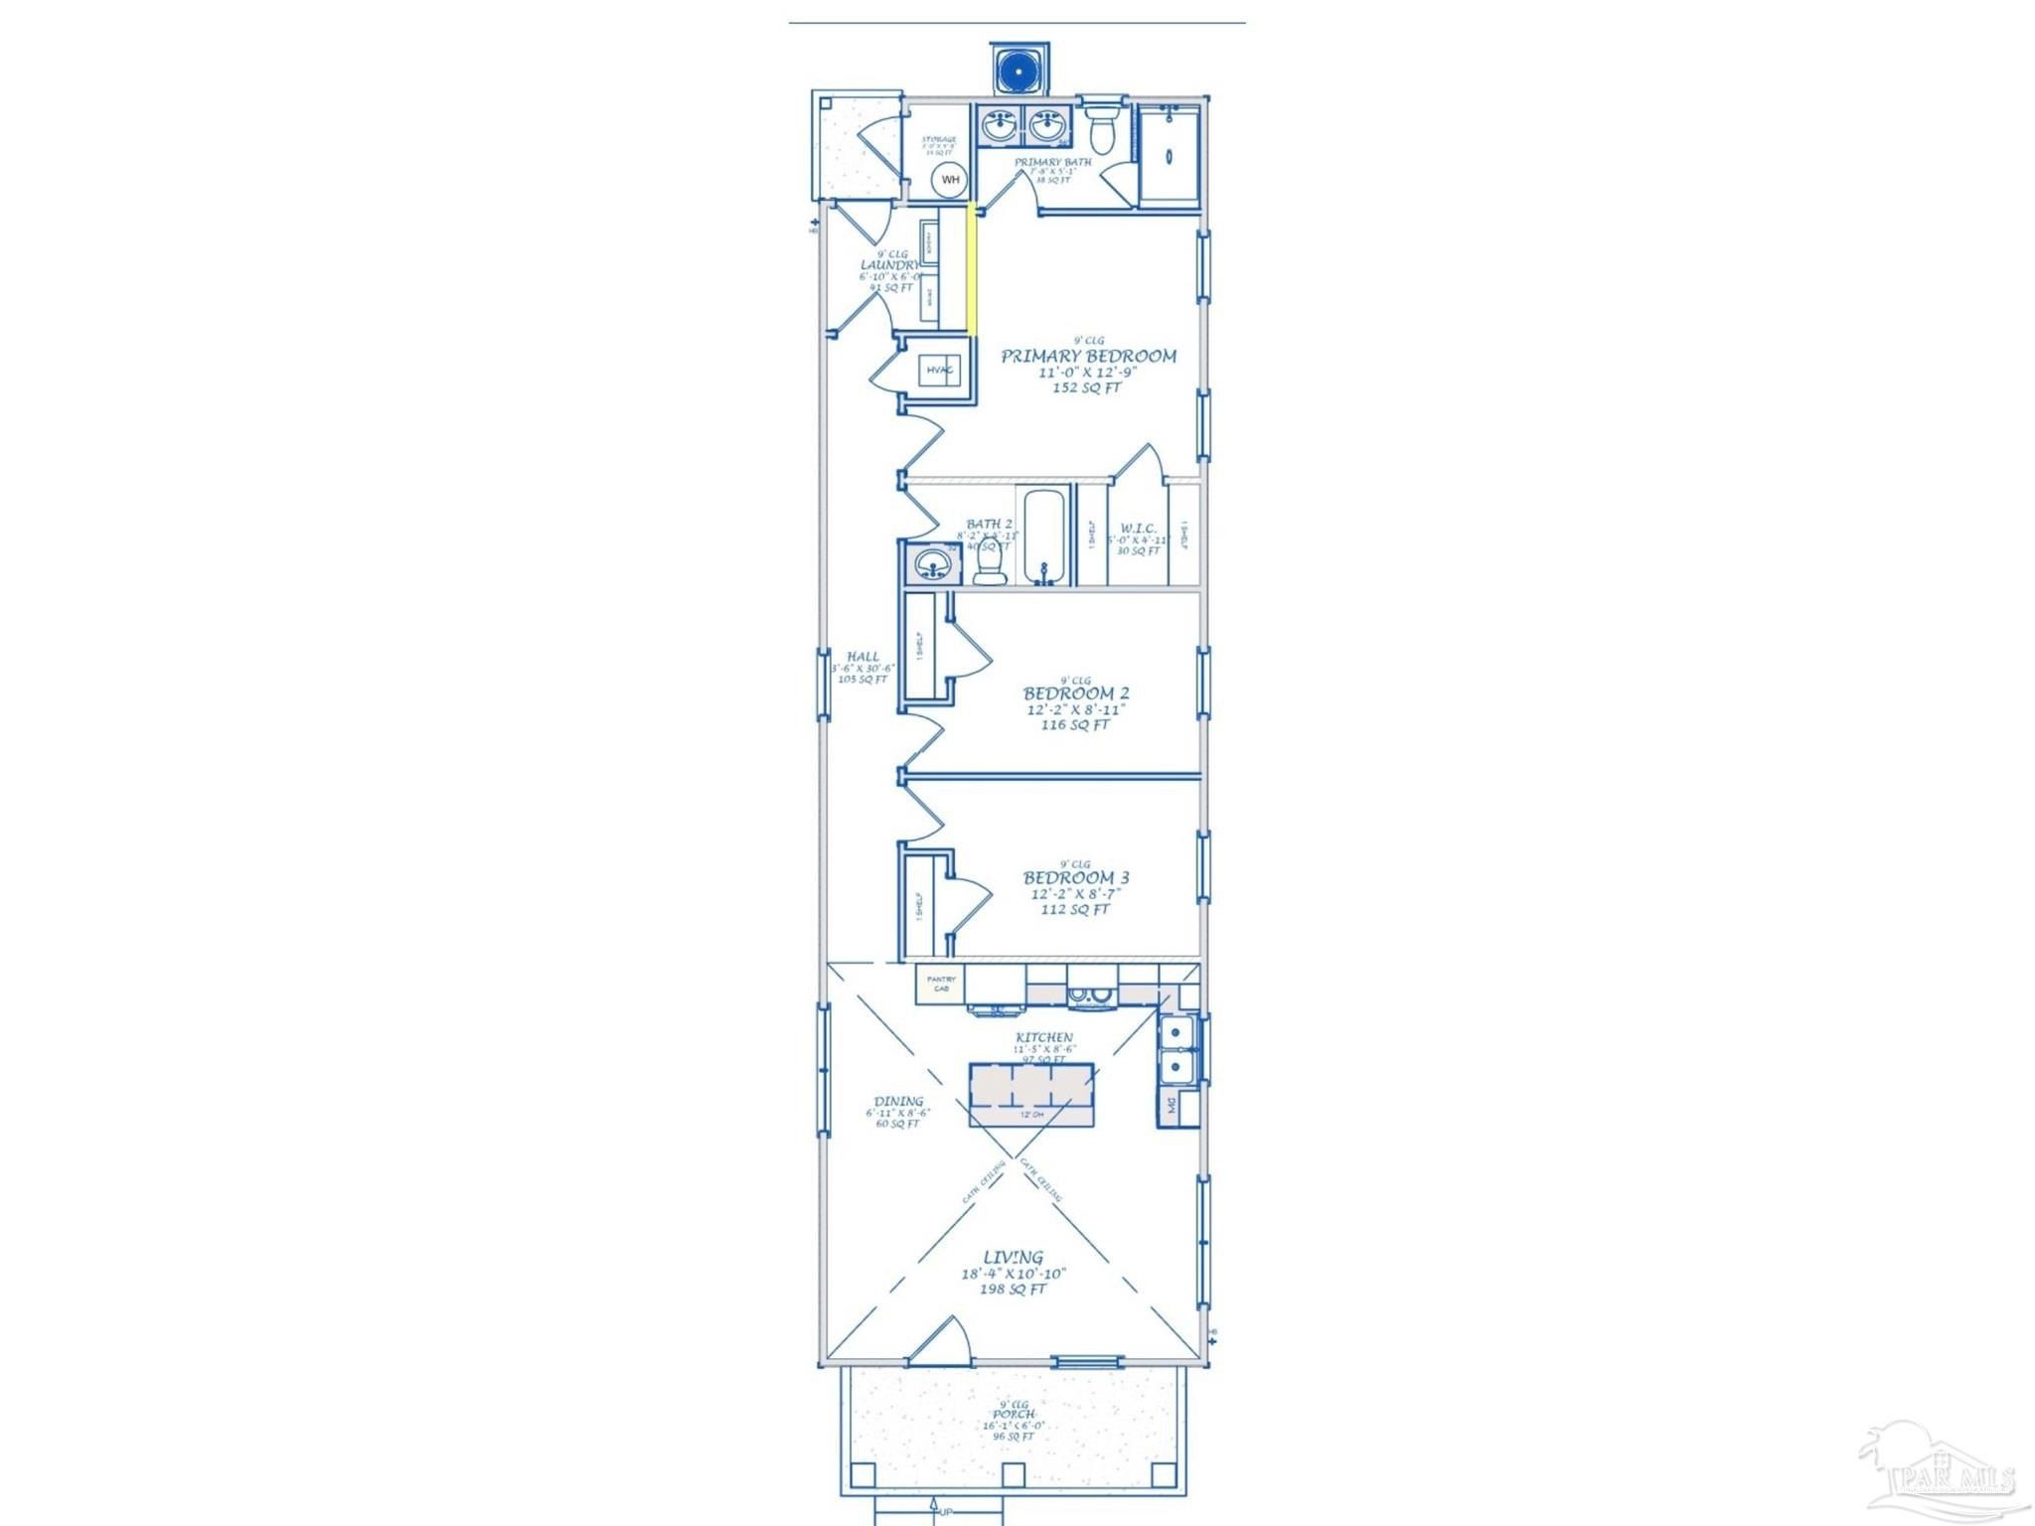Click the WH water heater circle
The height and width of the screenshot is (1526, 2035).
point(951,180)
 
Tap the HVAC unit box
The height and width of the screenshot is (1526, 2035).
point(940,371)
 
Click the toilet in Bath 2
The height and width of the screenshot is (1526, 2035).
point(990,565)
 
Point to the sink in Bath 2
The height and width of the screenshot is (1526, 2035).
point(933,563)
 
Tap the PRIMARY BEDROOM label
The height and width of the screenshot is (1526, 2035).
point(1088,356)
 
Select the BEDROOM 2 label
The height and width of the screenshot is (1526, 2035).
point(1076,692)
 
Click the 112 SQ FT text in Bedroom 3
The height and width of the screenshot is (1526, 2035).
point(1075,909)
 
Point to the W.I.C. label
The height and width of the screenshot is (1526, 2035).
point(1138,528)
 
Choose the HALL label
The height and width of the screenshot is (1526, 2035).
point(862,656)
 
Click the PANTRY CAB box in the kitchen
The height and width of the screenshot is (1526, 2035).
point(940,984)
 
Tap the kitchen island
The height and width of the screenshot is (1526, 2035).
point(1031,1094)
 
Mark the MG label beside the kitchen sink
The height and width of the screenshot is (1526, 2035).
point(1171,1105)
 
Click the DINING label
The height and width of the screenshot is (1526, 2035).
point(898,1101)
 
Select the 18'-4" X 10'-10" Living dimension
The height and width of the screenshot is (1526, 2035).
point(1013,1273)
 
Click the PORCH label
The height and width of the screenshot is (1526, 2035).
point(1014,1414)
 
